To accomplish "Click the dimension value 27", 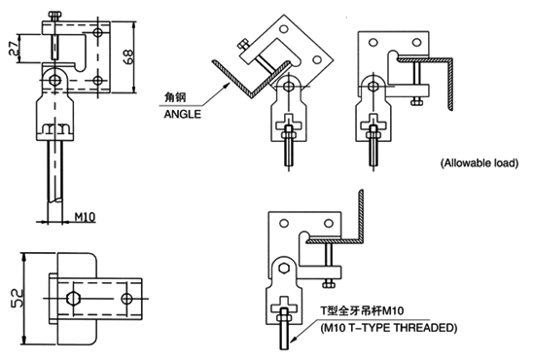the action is pos(14,49).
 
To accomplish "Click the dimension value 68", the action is pos(128,56).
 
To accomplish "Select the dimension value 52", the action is pos(17,298).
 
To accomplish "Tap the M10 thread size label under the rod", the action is pos(85,217).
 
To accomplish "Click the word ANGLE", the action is pos(183,114).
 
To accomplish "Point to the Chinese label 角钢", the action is pos(175,97).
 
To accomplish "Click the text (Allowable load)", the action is pos(480,163).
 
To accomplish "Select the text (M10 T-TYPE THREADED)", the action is pos(388,328).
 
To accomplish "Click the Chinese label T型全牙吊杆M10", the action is pos(363,310).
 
